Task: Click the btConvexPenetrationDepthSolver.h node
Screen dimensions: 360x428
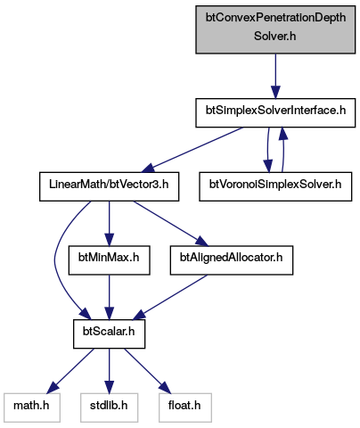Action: pos(275,29)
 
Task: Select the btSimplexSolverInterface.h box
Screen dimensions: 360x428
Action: pos(275,112)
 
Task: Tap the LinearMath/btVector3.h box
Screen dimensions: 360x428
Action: pos(109,186)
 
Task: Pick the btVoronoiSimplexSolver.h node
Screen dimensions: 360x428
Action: pos(275,186)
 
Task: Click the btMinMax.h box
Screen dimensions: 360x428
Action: pos(109,260)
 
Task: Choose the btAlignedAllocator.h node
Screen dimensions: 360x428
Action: pos(232,260)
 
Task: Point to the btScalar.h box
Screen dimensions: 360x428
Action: pos(109,333)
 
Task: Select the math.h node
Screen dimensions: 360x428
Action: pos(32,407)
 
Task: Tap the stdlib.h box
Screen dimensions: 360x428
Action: pos(109,407)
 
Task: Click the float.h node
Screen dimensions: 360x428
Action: pos(185,407)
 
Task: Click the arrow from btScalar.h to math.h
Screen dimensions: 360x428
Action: pos(70,371)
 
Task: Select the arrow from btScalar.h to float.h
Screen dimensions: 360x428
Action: pos(148,371)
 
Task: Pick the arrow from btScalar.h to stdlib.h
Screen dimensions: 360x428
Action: pos(109,371)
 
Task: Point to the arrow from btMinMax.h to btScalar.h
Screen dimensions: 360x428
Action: pos(109,297)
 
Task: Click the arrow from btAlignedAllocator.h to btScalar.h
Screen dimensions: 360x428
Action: pos(170,297)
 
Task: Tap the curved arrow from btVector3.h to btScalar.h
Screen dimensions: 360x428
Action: pos(55,259)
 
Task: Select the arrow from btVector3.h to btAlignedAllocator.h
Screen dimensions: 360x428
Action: pos(171,224)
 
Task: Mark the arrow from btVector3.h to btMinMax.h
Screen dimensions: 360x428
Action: pos(109,223)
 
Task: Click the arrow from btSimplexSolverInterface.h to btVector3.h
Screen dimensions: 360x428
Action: pos(192,150)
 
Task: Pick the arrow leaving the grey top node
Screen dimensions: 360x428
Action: pos(275,76)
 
